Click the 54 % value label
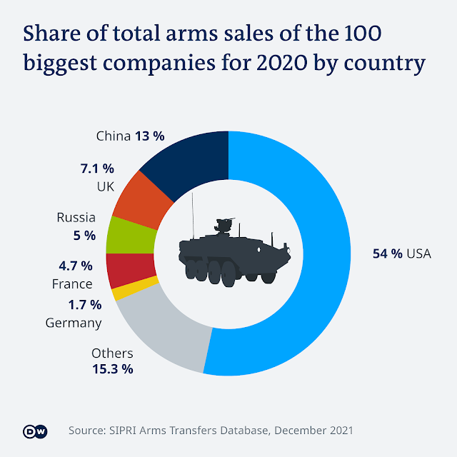click(387, 253)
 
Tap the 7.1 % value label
click(98, 169)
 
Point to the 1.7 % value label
click(85, 306)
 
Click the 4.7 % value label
click(76, 266)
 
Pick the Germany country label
click(74, 323)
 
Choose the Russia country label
click(76, 217)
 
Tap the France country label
click(72, 284)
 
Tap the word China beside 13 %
click(113, 135)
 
